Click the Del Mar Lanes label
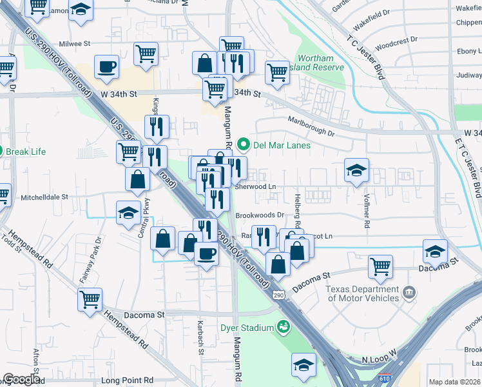click(282, 145)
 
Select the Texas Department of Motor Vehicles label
click(363, 293)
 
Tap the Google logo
click(21, 380)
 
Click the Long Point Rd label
click(128, 381)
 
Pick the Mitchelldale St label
click(45, 197)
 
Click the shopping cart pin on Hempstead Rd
click(90, 299)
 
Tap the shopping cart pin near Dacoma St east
click(381, 265)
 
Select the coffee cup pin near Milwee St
click(106, 66)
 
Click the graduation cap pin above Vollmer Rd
click(356, 170)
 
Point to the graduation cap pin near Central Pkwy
click(128, 212)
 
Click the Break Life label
click(26, 152)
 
